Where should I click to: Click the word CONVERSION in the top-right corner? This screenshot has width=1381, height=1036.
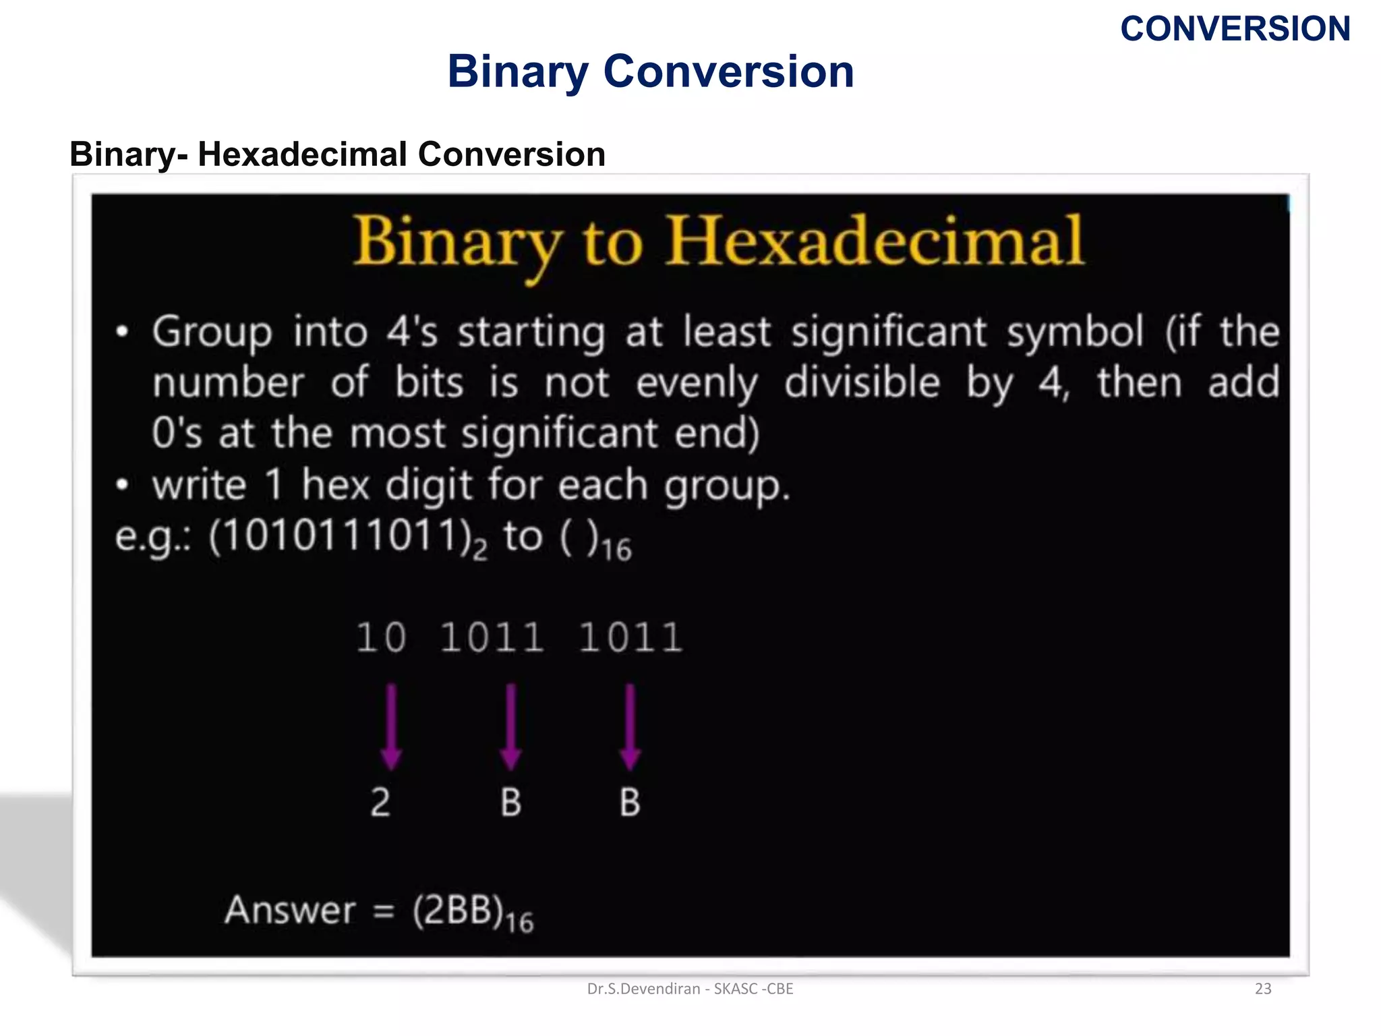click(1235, 29)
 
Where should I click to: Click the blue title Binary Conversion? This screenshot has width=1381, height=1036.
click(651, 71)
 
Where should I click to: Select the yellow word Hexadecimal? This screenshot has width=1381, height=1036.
click(875, 241)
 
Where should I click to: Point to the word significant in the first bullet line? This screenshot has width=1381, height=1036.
click(889, 333)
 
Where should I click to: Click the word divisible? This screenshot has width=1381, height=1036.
click(862, 383)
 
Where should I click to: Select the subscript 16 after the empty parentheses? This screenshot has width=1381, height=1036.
click(616, 549)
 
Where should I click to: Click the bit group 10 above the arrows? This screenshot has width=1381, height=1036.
click(381, 637)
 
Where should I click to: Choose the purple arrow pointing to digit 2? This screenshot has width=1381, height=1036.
click(391, 727)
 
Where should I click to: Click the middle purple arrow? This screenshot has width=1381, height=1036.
click(510, 727)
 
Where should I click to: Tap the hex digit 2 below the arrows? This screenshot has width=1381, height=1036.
click(380, 803)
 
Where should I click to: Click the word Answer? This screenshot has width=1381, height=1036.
click(290, 910)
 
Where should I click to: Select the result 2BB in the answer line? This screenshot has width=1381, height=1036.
click(458, 911)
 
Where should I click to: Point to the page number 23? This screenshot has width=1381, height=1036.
click(1262, 989)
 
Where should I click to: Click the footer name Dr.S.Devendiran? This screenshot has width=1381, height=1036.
click(643, 989)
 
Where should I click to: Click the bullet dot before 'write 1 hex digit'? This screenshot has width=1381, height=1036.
click(122, 484)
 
